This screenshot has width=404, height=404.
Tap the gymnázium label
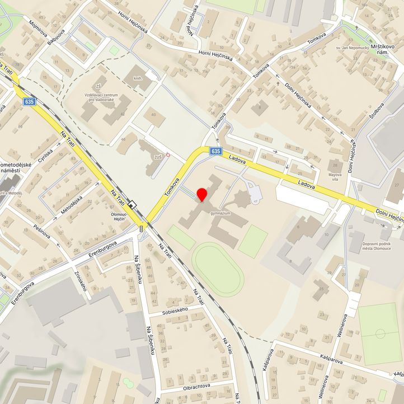click(x=221, y=214)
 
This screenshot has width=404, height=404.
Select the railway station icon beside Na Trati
click(x=132, y=205)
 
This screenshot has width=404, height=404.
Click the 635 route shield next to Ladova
click(x=217, y=151)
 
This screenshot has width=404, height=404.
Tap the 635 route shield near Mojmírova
click(x=30, y=101)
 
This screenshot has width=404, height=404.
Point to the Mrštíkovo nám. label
click(x=382, y=48)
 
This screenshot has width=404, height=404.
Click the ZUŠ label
click(x=158, y=157)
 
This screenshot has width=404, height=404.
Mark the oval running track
click(x=218, y=270)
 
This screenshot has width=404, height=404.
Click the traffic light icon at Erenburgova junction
click(x=141, y=228)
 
